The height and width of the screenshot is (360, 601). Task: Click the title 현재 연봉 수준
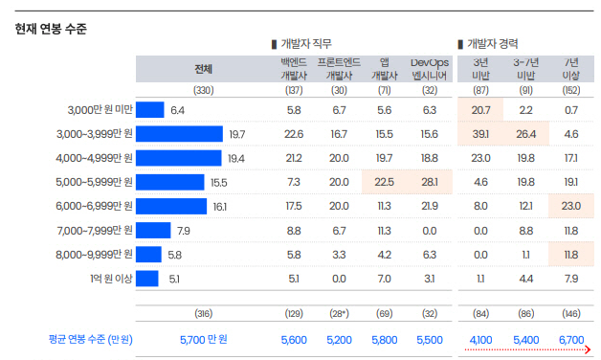click(x=51, y=30)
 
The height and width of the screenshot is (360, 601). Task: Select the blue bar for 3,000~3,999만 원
click(x=180, y=134)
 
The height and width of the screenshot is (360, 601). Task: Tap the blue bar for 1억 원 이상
click(x=147, y=279)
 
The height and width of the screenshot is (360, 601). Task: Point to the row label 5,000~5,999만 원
click(x=95, y=182)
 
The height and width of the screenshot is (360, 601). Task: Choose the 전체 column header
click(x=203, y=68)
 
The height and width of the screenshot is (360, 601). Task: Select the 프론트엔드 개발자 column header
click(x=339, y=68)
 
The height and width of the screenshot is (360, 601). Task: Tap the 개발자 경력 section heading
click(x=493, y=44)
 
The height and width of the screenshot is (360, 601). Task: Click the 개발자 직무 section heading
click(x=306, y=44)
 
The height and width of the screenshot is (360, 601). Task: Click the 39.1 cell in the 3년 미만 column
click(x=480, y=134)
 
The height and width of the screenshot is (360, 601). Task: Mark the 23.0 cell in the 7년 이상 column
click(x=571, y=206)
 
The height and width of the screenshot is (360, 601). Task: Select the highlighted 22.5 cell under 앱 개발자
click(x=384, y=182)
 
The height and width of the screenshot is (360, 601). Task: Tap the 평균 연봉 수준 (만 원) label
click(x=91, y=339)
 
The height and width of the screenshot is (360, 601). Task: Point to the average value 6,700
click(x=571, y=339)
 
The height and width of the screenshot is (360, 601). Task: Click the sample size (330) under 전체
click(x=203, y=90)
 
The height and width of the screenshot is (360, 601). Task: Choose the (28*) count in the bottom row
click(x=339, y=313)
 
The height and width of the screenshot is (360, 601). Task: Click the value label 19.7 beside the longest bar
click(x=236, y=134)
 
